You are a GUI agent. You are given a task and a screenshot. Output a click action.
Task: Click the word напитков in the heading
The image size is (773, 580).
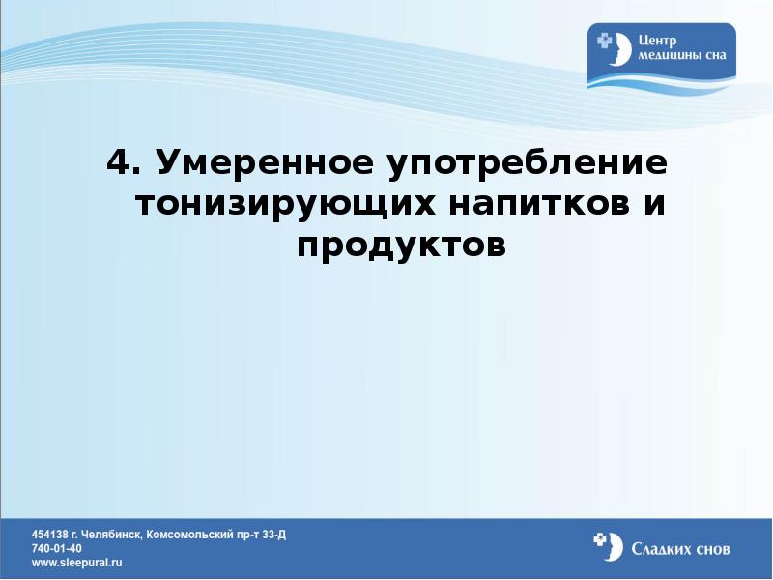coord(532,205)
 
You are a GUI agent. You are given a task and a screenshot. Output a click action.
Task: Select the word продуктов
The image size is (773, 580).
coord(402,246)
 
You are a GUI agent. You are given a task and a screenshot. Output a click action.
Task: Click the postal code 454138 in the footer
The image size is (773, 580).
coord(50,534)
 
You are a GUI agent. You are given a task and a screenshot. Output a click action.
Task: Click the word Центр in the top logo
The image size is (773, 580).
coord(659,41)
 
